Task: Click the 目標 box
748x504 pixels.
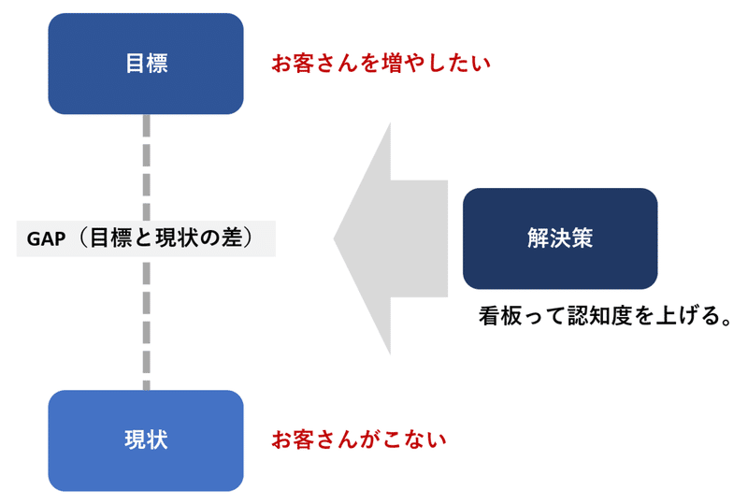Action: coord(146,64)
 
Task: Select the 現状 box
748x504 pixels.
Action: coord(146,440)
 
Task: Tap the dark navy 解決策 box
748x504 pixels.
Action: coord(560,238)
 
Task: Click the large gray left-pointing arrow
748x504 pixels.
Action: coord(391,238)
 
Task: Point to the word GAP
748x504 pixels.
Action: coord(46,239)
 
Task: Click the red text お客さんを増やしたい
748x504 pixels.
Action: coord(381,64)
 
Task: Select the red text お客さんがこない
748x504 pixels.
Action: coord(359,440)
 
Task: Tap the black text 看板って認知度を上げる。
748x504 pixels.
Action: coord(605,316)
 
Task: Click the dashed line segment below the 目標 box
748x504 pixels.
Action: coord(147,167)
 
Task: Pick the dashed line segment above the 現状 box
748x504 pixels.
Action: coord(147,324)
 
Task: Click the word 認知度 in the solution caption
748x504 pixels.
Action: coord(599,316)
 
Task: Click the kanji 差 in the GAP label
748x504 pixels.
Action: coord(231,238)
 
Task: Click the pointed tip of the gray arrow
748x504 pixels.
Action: coord(334,238)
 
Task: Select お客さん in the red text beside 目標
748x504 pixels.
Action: coord(315,64)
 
